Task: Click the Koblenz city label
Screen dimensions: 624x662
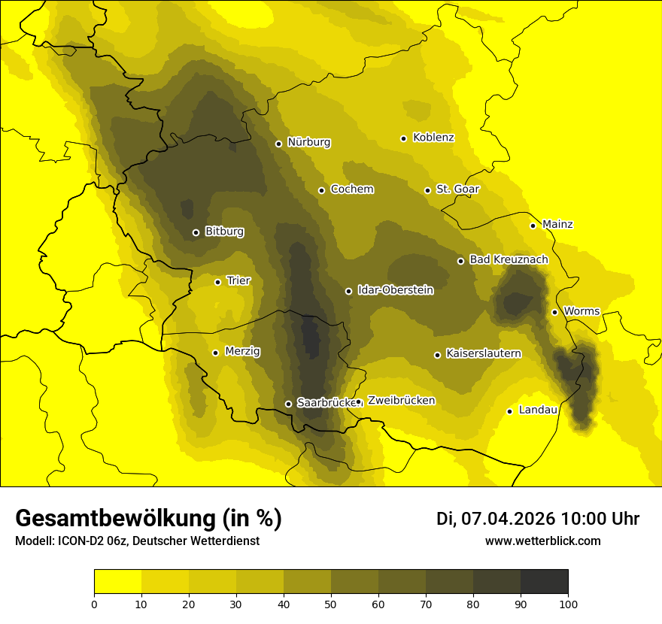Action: click(x=433, y=138)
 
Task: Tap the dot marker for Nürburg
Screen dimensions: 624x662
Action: click(x=278, y=144)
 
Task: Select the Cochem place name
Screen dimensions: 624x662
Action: click(x=351, y=189)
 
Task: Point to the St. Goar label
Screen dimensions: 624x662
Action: click(x=457, y=189)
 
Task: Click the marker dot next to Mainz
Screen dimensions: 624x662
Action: click(x=533, y=226)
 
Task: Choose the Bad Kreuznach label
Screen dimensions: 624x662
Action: click(x=509, y=259)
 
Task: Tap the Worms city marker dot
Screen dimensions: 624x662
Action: click(x=554, y=312)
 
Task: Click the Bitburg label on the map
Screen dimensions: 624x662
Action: click(x=224, y=232)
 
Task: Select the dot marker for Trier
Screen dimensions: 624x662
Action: click(x=217, y=282)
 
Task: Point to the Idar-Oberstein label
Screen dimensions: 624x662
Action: click(x=395, y=290)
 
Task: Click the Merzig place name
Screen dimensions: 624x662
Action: click(x=242, y=351)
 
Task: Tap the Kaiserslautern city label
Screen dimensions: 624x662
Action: click(x=483, y=353)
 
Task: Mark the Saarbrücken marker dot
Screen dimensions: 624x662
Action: click(x=288, y=404)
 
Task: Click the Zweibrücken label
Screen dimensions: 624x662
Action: click(x=401, y=401)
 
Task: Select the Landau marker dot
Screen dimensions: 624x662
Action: click(x=509, y=411)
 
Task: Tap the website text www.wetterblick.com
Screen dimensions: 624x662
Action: click(x=542, y=541)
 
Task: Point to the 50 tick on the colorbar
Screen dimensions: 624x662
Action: click(x=331, y=603)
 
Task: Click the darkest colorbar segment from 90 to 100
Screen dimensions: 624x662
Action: click(x=544, y=581)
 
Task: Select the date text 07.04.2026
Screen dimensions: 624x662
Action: click(x=508, y=519)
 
